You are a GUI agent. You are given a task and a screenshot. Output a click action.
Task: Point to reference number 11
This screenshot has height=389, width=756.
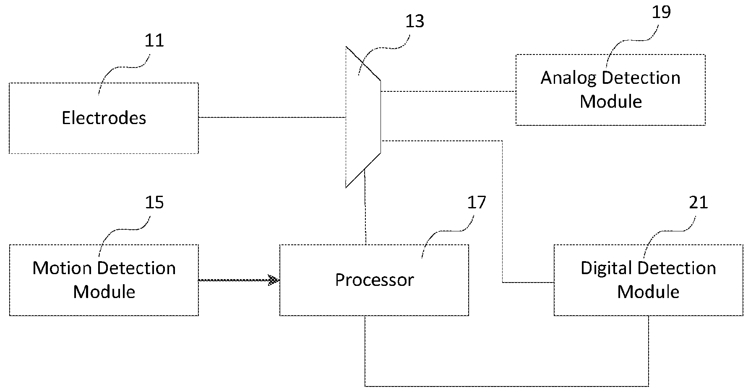pyautogui.click(x=154, y=41)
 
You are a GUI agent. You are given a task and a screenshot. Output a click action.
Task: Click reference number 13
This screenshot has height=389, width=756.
pyautogui.click(x=414, y=21)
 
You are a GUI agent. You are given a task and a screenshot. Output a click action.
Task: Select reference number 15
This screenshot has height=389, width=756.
pyautogui.click(x=154, y=202)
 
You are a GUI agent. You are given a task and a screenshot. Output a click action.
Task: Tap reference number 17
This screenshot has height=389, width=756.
pyautogui.click(x=477, y=202)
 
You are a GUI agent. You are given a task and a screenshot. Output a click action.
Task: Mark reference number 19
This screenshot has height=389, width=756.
pyautogui.click(x=661, y=12)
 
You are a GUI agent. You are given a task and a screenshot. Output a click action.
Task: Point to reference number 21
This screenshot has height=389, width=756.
pyautogui.click(x=699, y=202)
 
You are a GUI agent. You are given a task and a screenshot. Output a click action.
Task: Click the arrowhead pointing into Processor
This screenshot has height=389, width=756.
pyautogui.click(x=274, y=280)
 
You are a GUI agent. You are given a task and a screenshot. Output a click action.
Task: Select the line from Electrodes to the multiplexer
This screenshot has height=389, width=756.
pyautogui.click(x=272, y=117)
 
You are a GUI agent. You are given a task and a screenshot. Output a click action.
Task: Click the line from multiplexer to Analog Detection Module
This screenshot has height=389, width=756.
pyautogui.click(x=448, y=91)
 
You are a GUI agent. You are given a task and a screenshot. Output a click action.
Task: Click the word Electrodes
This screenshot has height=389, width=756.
pyautogui.click(x=104, y=118)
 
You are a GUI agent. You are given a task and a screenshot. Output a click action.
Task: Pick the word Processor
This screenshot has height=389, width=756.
pyautogui.click(x=374, y=280)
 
